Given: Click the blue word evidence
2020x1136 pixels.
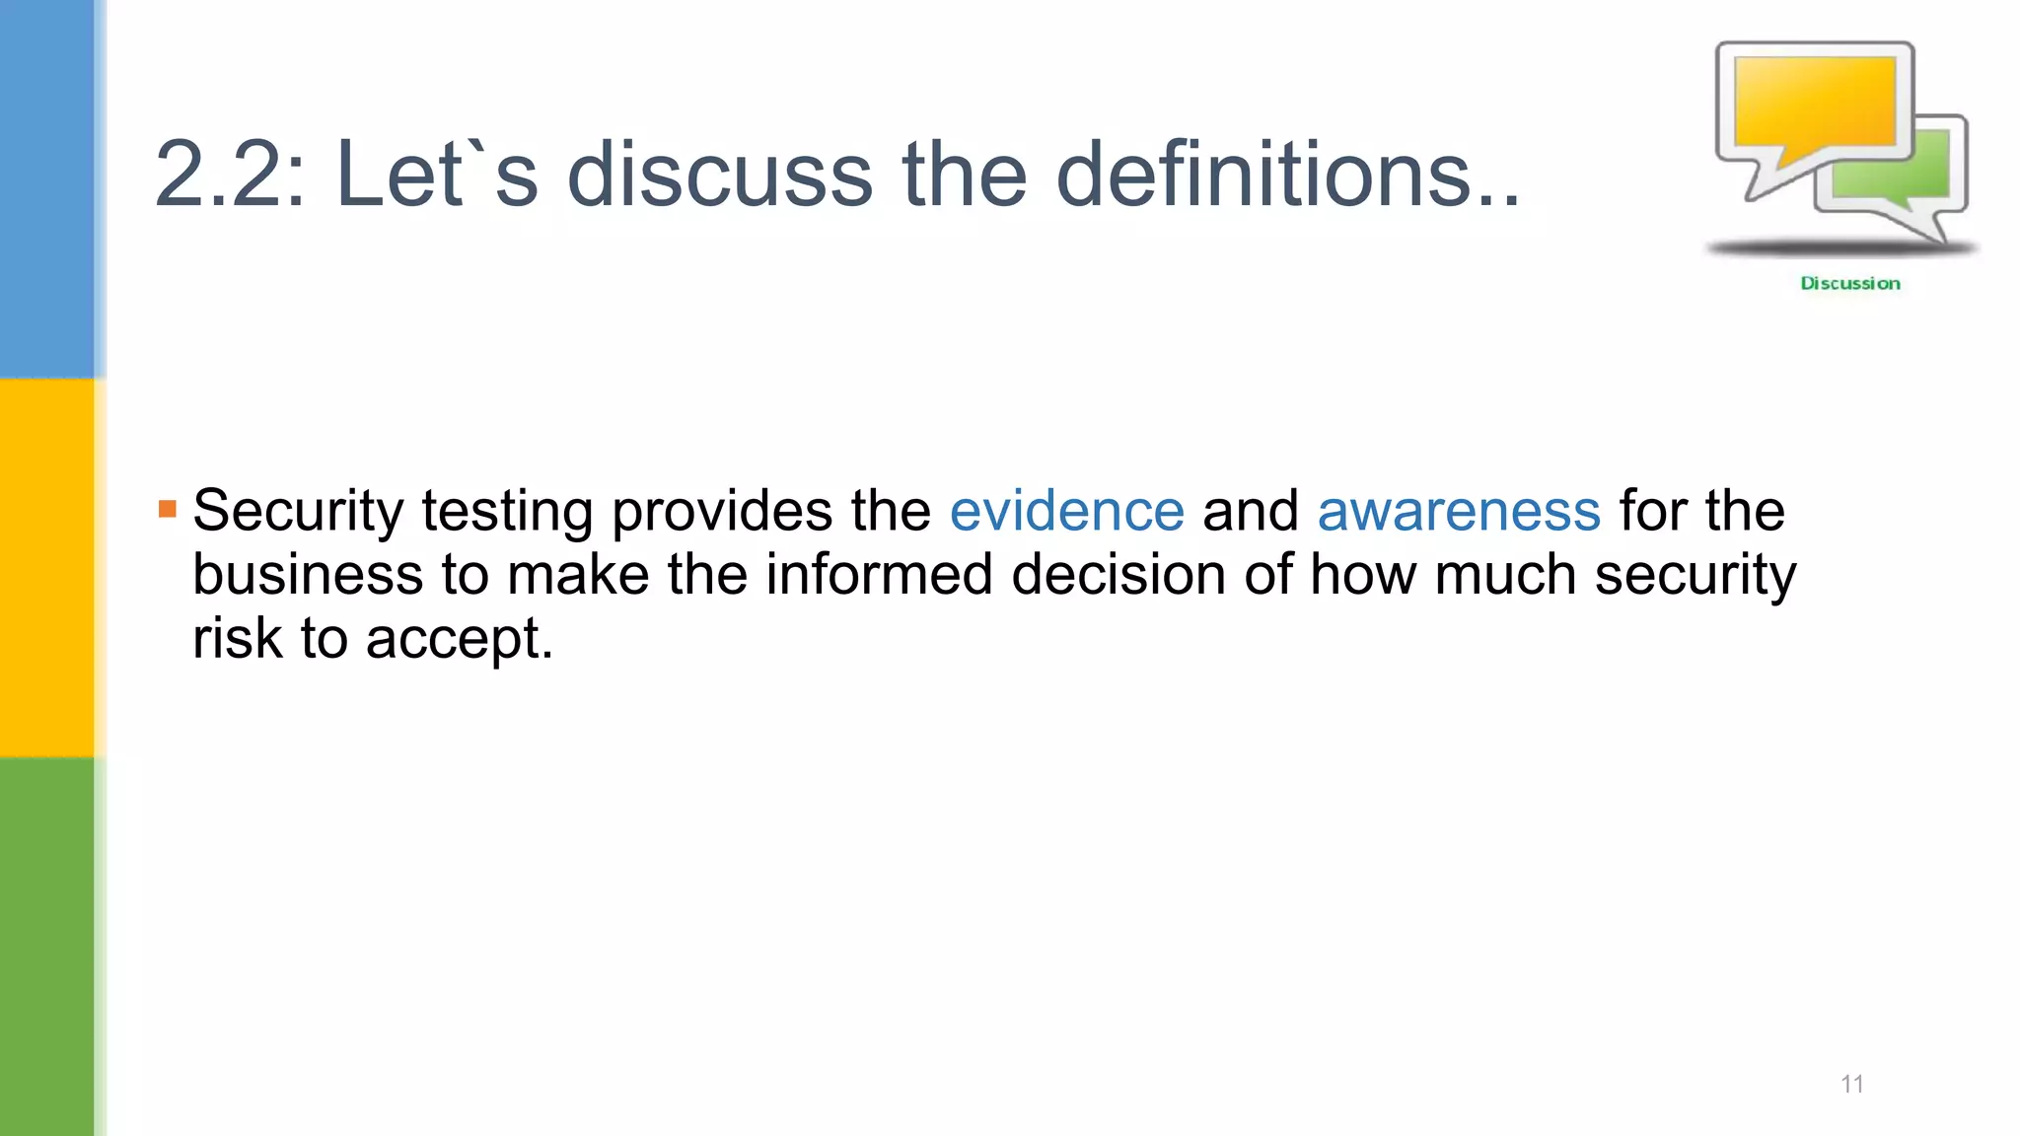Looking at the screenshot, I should click(x=1066, y=512).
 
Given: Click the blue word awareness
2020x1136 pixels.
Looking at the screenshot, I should click(x=1458, y=512).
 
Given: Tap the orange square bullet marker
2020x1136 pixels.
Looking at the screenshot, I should click(x=167, y=510).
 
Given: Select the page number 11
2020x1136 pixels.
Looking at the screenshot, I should click(x=1851, y=1084).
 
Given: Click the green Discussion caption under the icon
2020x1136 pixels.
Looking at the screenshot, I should click(x=1849, y=284).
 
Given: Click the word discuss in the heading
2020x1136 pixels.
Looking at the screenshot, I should click(x=720, y=176).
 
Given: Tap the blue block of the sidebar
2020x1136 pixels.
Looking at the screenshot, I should click(x=47, y=187).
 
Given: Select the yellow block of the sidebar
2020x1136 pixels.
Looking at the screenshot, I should click(x=47, y=567).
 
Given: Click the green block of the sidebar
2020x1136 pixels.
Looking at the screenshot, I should click(x=47, y=947).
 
